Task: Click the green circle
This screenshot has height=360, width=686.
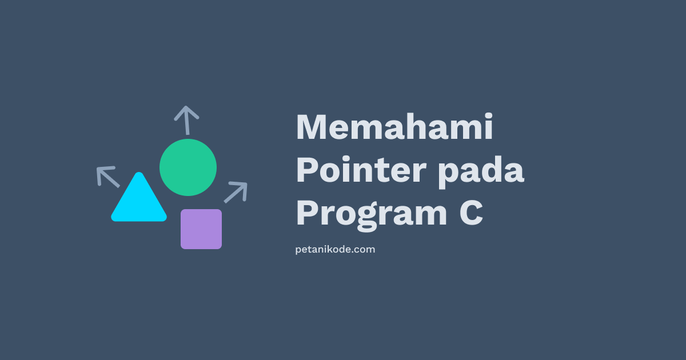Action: click(x=188, y=167)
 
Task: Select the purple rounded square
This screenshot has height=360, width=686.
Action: click(x=201, y=229)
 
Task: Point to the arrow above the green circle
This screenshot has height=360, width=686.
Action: click(x=186, y=119)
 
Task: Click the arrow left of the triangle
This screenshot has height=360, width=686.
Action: click(x=107, y=177)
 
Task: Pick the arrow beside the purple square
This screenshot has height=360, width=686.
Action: click(x=236, y=192)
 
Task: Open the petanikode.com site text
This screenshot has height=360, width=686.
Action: click(x=335, y=250)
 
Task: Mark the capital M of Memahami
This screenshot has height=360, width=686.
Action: click(x=312, y=127)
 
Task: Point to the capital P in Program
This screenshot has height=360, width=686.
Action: click(x=307, y=213)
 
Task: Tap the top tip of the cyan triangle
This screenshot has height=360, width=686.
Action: click(x=138, y=175)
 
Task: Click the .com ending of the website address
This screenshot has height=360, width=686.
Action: click(x=364, y=250)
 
